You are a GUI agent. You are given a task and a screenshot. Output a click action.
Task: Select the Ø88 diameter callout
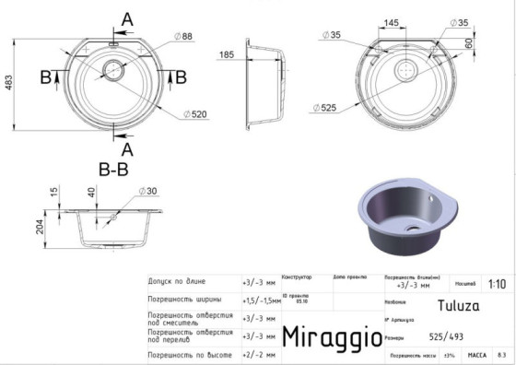[x=185, y=36]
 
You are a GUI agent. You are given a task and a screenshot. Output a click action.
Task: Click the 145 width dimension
[x=391, y=21]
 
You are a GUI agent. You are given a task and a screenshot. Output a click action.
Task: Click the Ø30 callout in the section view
[x=148, y=191]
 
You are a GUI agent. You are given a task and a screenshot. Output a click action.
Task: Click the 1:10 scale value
[x=497, y=285]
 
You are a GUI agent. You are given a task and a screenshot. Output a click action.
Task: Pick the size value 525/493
[x=447, y=337]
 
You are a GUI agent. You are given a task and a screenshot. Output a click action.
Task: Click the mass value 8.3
[x=500, y=355]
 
